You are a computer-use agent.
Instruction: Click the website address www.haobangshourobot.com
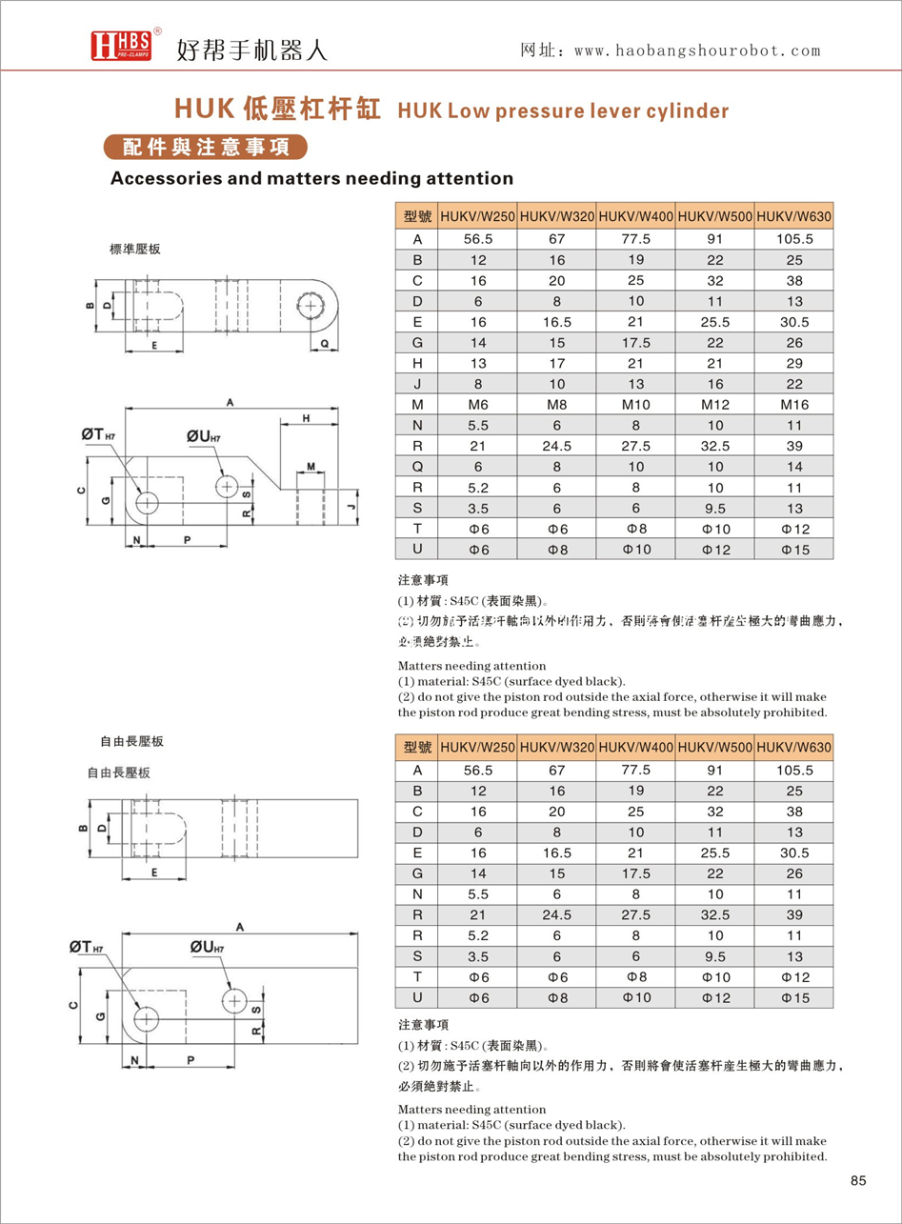(671, 50)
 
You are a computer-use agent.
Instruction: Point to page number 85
(857, 1181)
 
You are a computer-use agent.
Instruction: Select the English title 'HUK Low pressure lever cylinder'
(563, 110)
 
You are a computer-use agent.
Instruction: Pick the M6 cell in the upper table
(478, 405)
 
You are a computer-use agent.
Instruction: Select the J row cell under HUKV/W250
(478, 384)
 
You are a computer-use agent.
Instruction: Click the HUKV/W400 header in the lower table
(635, 749)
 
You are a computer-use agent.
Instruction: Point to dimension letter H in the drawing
(307, 419)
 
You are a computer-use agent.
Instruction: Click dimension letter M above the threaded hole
(311, 467)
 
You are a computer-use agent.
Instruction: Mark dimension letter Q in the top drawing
(324, 341)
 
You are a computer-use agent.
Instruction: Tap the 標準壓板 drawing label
(134, 249)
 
